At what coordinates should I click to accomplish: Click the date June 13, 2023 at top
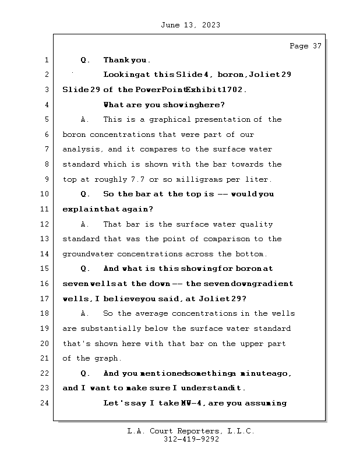[189, 25]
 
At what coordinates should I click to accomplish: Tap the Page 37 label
[305, 46]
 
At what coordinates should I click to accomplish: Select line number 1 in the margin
[45, 60]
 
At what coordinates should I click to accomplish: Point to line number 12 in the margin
[45, 224]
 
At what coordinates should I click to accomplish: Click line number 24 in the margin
[45, 403]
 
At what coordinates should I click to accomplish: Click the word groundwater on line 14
[87, 254]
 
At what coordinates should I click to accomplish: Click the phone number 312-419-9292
[191, 440]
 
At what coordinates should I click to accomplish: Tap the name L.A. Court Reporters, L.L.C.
[190, 431]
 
